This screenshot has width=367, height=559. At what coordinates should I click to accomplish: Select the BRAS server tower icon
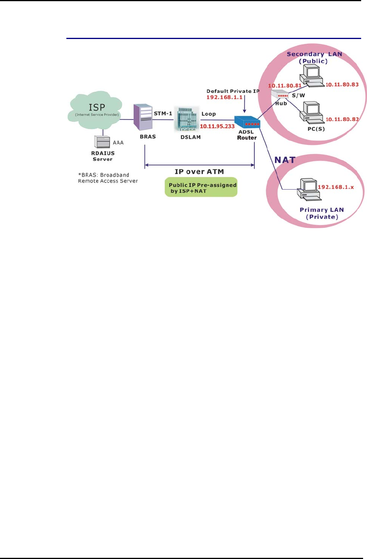[x=143, y=117]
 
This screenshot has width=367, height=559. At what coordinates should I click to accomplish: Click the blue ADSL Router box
[x=247, y=122]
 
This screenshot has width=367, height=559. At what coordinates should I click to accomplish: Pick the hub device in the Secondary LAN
[x=280, y=95]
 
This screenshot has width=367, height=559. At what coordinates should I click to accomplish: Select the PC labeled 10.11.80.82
[x=311, y=112]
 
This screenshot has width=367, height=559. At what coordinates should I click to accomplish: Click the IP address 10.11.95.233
[x=217, y=126]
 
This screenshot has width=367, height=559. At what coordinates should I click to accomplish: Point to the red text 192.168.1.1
[x=224, y=97]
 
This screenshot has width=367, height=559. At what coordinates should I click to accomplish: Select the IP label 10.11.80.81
[x=285, y=85]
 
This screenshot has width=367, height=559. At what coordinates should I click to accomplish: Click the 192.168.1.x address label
[x=336, y=187]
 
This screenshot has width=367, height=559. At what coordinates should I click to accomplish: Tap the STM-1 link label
[x=163, y=114]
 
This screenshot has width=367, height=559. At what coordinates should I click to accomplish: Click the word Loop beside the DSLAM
[x=208, y=114]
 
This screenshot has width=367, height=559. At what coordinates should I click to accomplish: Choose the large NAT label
[x=285, y=160]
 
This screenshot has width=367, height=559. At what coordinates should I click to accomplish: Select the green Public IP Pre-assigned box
[x=201, y=188]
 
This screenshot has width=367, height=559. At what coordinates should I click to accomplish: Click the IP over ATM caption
[x=199, y=172]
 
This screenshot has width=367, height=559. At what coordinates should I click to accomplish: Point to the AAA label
[x=118, y=143]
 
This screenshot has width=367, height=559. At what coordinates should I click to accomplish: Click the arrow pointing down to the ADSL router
[x=245, y=105]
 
